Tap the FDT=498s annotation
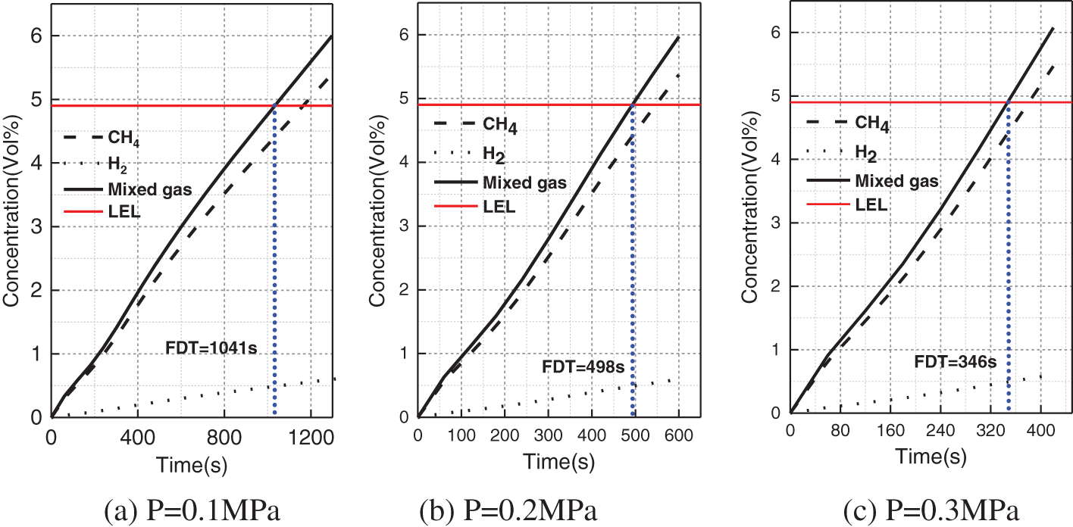(x=587, y=369)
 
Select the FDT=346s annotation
(x=955, y=361)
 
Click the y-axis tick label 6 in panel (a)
(x=36, y=36)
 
